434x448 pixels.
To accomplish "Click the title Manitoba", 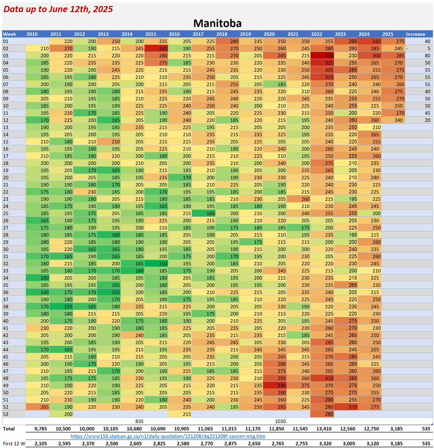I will coord(217,24).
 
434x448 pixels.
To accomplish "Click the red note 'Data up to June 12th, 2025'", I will coord(58,9).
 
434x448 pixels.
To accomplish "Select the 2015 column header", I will coord(151,34).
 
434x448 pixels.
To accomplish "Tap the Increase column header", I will coord(415,34).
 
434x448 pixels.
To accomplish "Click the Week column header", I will coord(10,34).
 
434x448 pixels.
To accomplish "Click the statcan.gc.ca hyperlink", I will coord(168,436).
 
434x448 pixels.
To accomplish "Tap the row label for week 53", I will coord(6,414).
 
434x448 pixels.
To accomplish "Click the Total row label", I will coord(9,429).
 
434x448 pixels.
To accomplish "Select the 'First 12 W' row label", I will coord(14,444).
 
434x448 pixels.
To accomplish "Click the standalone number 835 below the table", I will coord(139,421).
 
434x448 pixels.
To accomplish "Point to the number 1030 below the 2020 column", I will coord(280,421).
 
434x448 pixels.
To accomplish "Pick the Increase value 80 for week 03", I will coord(427,56).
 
